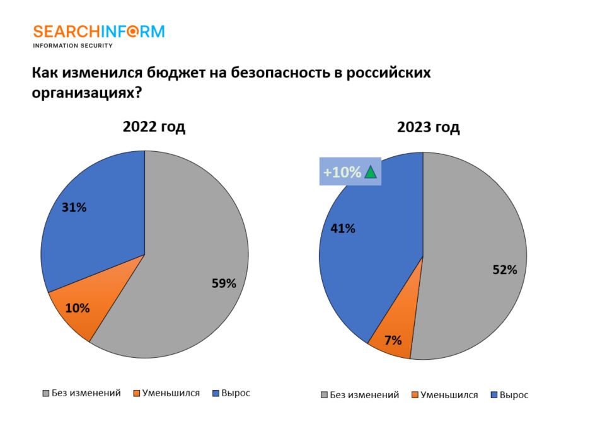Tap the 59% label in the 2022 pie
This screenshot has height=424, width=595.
pyautogui.click(x=224, y=284)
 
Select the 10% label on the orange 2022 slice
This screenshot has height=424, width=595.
pyautogui.click(x=78, y=308)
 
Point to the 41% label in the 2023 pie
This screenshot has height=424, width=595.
pyautogui.click(x=343, y=228)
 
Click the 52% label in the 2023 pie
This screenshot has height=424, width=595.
pyautogui.click(x=504, y=270)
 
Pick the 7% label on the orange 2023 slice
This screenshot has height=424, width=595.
pyautogui.click(x=393, y=340)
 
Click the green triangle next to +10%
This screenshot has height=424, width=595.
pyautogui.click(x=370, y=172)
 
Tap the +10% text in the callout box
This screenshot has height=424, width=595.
pyautogui.click(x=342, y=172)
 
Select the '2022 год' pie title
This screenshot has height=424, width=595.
pyautogui.click(x=154, y=127)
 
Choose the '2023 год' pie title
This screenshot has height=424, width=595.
pyautogui.click(x=429, y=128)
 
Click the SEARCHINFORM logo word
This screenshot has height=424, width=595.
pyautogui.click(x=98, y=32)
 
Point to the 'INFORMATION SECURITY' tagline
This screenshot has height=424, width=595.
pyautogui.click(x=72, y=45)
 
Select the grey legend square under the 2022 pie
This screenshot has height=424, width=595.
pyautogui.click(x=45, y=394)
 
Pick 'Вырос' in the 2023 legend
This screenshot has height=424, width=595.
pyautogui.click(x=514, y=395)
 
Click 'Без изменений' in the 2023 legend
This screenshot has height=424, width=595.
pyautogui.click(x=365, y=395)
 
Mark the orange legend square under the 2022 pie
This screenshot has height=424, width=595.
pyautogui.click(x=136, y=394)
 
